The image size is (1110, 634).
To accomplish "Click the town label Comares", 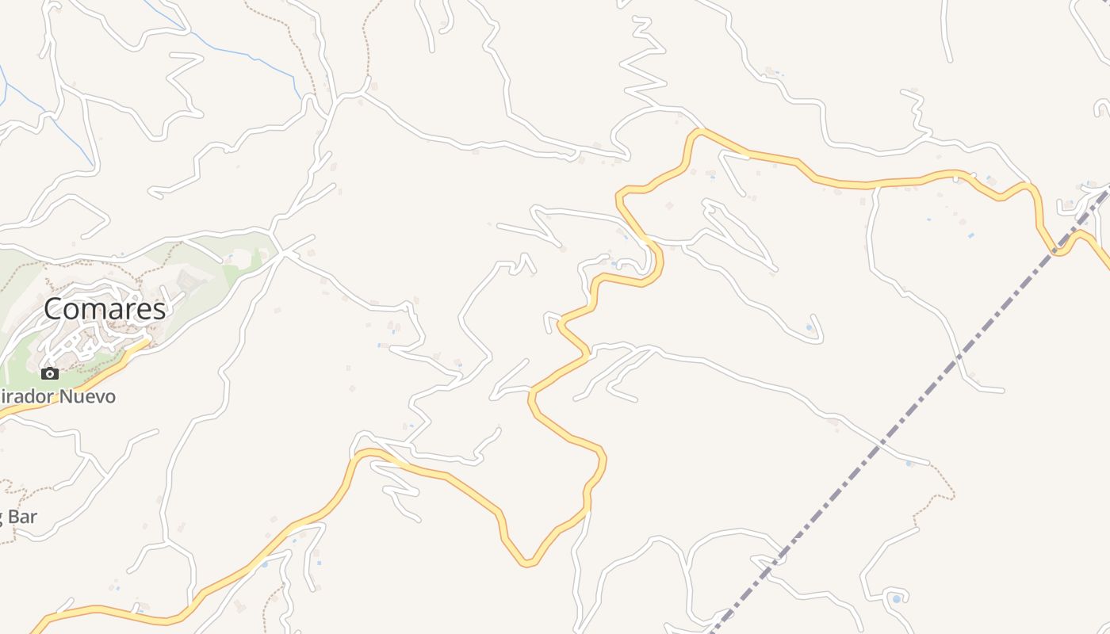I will pos(105,309).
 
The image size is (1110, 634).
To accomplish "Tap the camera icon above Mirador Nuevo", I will pos(50,373).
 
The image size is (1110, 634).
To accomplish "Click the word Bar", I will pos(22,518).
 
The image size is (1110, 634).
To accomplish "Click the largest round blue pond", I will pos(897,598).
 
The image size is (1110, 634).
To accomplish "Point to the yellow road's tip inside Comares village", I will pos(147,342).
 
